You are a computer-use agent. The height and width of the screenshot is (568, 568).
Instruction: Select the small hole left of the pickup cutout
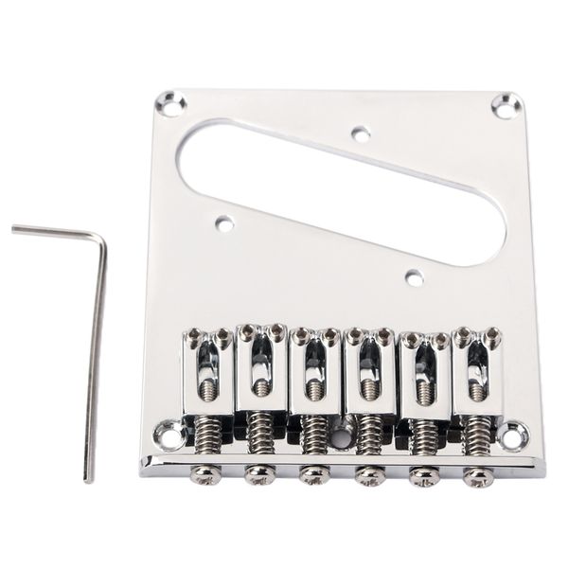point(223,224)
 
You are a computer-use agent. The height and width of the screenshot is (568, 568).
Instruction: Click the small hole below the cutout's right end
point(413,278)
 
